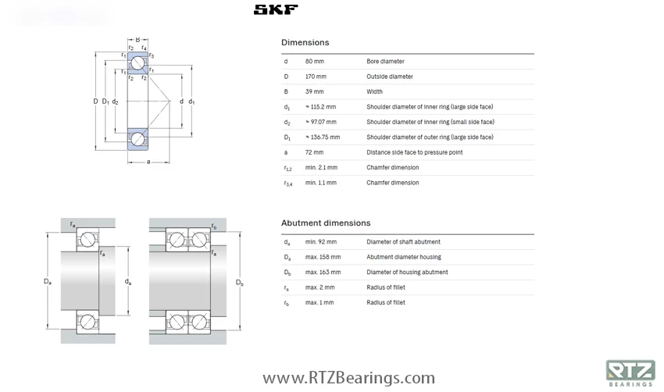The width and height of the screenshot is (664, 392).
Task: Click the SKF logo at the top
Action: click(275, 10)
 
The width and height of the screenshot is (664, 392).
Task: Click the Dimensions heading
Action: click(305, 42)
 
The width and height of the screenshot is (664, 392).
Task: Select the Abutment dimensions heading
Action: click(326, 223)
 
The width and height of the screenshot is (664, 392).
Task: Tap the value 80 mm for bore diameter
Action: click(314, 61)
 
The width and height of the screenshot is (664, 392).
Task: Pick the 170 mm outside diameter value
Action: click(316, 77)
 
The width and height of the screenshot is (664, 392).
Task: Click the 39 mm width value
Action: click(314, 91)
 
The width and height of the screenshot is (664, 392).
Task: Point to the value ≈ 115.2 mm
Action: click(320, 107)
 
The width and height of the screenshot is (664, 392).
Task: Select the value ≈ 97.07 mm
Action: click(320, 122)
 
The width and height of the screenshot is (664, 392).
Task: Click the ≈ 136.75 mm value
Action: click(322, 137)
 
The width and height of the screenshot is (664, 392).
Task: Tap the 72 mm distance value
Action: click(314, 152)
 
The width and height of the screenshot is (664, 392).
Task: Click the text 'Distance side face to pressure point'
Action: click(414, 152)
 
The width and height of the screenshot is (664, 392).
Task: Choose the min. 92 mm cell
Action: click(320, 242)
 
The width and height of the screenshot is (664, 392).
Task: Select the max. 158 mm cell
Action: click(323, 257)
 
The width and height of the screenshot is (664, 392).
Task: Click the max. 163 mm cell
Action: click(323, 273)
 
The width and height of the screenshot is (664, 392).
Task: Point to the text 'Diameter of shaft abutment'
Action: click(403, 242)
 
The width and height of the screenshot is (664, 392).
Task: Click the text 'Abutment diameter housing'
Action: click(403, 257)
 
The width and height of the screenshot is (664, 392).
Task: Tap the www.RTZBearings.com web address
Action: click(348, 379)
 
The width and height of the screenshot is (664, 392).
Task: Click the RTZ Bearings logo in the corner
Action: click(630, 372)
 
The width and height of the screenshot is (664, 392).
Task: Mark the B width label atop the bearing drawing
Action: click(137, 40)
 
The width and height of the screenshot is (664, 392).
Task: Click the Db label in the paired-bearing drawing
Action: click(240, 283)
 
